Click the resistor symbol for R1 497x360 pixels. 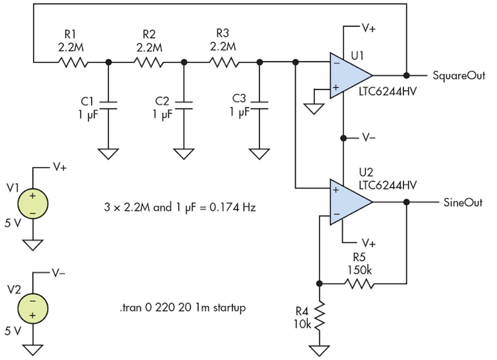pyautogui.click(x=72, y=62)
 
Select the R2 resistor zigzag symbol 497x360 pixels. pyautogui.click(x=148, y=62)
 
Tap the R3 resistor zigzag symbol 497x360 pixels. pyautogui.click(x=224, y=62)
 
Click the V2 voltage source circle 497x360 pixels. pyautogui.click(x=33, y=308)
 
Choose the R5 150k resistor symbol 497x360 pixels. pyautogui.click(x=358, y=284)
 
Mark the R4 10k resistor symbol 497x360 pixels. pyautogui.click(x=319, y=315)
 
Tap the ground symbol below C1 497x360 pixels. pyautogui.click(x=108, y=153)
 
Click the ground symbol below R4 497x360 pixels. pyautogui.click(x=319, y=349)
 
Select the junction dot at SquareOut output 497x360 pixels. pyautogui.click(x=406, y=75)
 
